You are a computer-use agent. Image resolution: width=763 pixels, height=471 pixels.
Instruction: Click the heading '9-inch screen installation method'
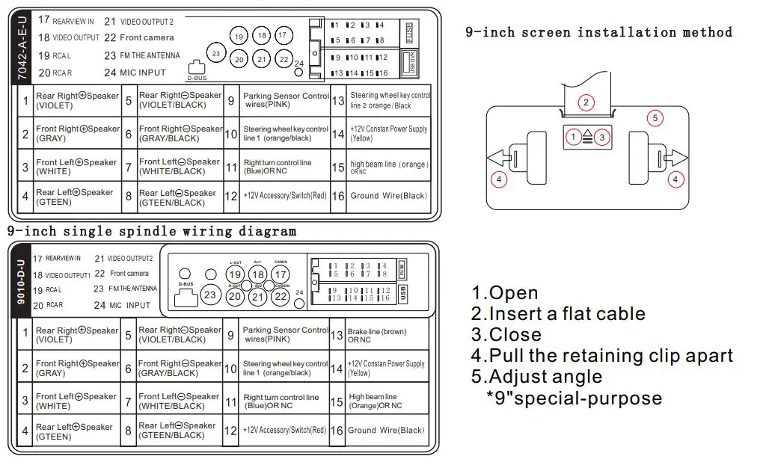[x=598, y=32]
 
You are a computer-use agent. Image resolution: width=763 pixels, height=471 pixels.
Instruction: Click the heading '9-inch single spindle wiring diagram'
[x=152, y=231]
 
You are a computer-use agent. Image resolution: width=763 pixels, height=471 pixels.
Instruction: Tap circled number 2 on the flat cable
[x=586, y=103]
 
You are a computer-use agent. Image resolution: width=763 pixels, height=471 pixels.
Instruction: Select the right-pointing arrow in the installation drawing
[x=674, y=158]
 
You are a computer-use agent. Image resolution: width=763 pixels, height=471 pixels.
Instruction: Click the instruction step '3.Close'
[x=506, y=334]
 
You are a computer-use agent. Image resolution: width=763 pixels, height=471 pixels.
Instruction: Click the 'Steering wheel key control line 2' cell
[x=390, y=100]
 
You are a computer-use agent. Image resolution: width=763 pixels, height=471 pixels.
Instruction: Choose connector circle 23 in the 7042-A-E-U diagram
[x=216, y=54]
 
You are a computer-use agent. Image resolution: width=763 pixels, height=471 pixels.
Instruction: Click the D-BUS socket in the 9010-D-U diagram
[x=184, y=297]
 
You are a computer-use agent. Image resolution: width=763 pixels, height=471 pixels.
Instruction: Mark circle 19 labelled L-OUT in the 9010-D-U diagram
[x=234, y=274]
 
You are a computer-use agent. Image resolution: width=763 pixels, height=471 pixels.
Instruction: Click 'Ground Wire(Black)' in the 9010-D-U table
[x=386, y=430]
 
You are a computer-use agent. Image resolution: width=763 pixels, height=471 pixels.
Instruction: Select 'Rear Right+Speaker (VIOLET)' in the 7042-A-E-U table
[x=77, y=100]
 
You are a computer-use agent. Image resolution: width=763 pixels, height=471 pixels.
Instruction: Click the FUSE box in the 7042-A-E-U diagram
[x=408, y=34]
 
